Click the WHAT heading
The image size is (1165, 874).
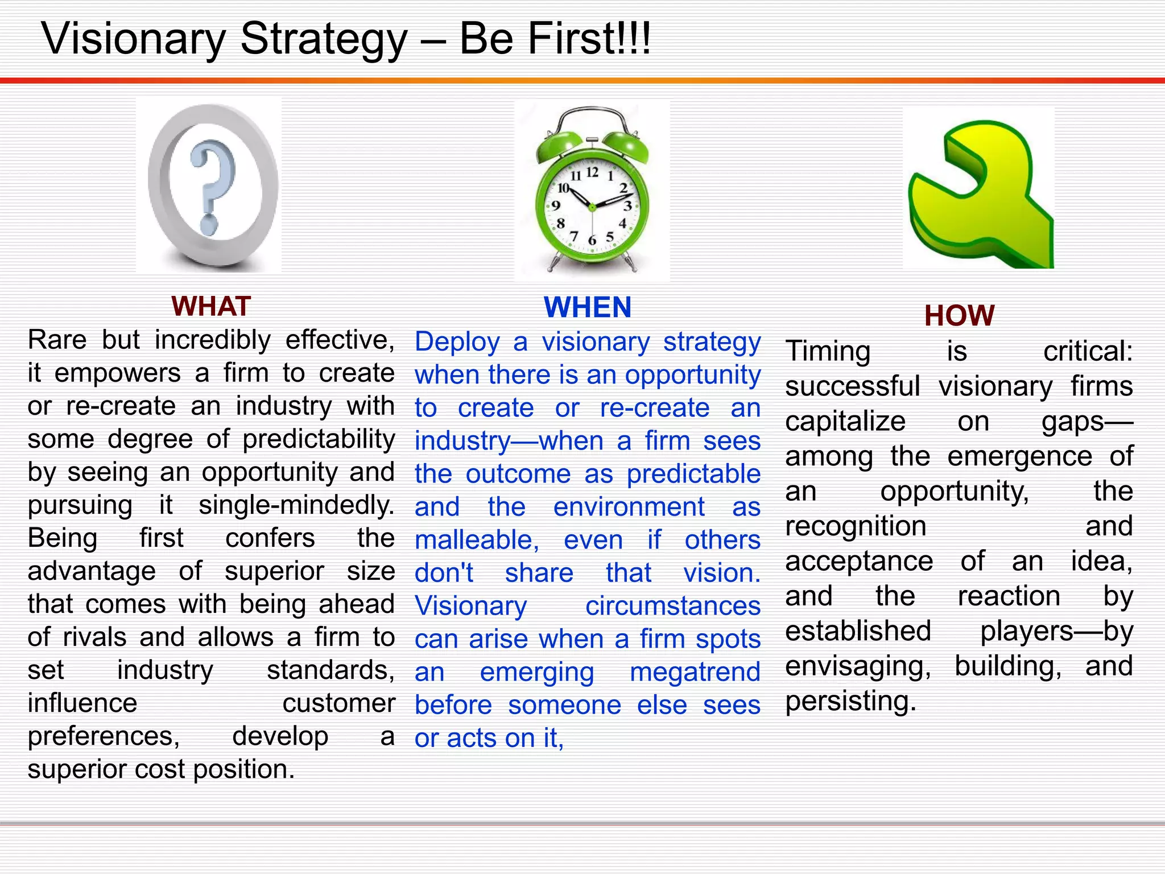coord(211,307)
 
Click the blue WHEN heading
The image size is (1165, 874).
coord(588,308)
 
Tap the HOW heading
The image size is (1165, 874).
coord(959,316)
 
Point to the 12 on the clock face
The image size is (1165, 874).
coord(592,172)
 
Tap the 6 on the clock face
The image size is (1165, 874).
coord(592,241)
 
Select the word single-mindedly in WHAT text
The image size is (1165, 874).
coord(296,505)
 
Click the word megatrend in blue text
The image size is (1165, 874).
coord(695,672)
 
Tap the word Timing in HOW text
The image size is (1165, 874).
coord(828,352)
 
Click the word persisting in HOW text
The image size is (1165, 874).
coord(850,701)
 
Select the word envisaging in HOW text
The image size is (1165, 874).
coord(858,666)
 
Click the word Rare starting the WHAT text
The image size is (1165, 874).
coord(57,340)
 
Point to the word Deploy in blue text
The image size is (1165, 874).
coord(457,342)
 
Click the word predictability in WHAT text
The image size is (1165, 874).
coord(319,439)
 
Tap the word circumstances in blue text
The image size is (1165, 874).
coord(672,606)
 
